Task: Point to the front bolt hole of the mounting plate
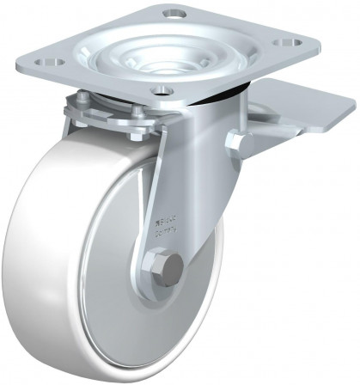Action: click(x=161, y=90)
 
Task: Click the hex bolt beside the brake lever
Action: click(x=235, y=142)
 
